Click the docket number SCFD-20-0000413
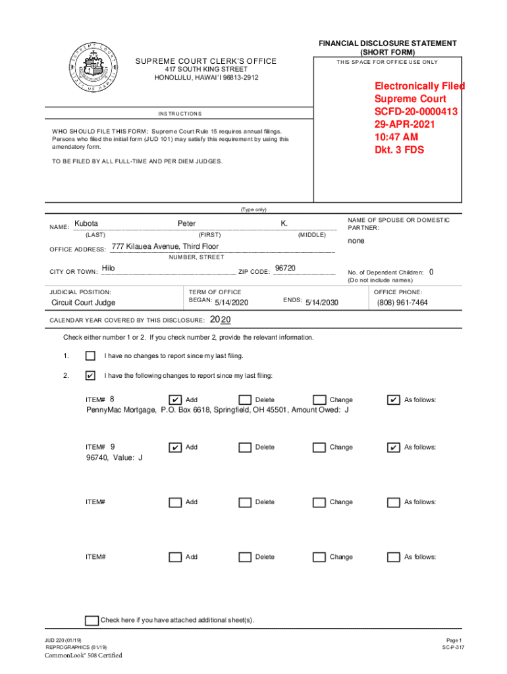[x=415, y=111]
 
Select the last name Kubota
[x=86, y=224]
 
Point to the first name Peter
[x=186, y=224]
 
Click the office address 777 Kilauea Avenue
[x=165, y=246]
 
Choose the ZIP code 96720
[x=285, y=268]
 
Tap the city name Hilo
[x=109, y=268]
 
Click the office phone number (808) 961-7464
[x=402, y=303]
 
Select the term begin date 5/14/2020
[x=232, y=303]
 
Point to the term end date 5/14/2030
[x=321, y=303]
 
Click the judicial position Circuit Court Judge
[x=83, y=303]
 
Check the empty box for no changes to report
[x=90, y=356]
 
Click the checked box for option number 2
[x=90, y=376]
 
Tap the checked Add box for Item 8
[x=175, y=400]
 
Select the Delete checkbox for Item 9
[x=245, y=448]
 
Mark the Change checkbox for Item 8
[x=319, y=400]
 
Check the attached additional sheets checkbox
[x=92, y=620]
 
